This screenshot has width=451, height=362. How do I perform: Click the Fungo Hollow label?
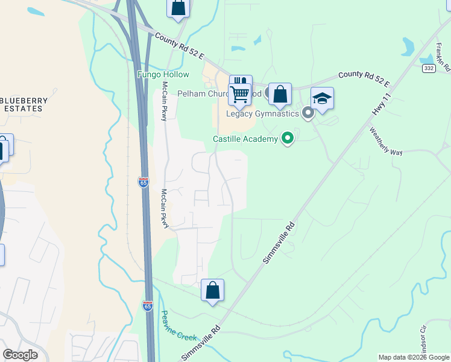[163, 75]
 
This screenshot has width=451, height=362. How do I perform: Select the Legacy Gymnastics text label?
[262, 113]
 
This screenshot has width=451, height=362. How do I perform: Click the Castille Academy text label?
[245, 139]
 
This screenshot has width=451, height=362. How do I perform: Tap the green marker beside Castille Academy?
[288, 139]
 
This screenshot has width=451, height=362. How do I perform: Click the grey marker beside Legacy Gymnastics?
[307, 113]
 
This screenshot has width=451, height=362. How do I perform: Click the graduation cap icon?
[322, 98]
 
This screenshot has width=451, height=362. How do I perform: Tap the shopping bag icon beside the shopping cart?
[280, 94]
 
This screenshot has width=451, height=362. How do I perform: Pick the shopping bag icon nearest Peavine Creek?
[212, 290]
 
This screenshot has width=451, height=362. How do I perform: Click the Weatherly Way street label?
[385, 142]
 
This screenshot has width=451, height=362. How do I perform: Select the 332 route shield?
[428, 69]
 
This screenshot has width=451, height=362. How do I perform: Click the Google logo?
[20, 355]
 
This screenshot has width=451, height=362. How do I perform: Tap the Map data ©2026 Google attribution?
[414, 357]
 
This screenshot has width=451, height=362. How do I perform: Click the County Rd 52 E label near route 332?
[364, 78]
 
